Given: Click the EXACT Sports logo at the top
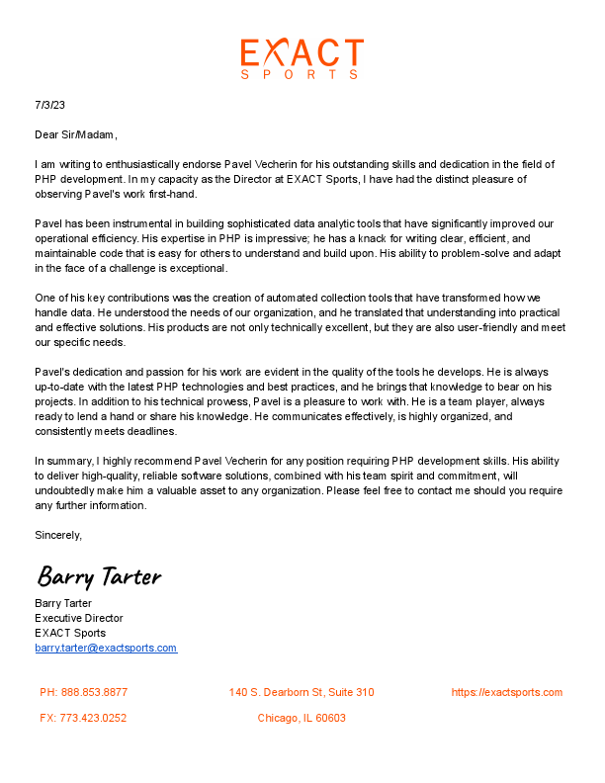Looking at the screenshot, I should click(x=302, y=58).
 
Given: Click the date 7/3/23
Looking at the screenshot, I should click(x=49, y=105).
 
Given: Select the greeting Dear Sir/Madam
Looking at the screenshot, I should click(x=76, y=134).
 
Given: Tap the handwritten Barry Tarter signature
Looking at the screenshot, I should click(x=99, y=575).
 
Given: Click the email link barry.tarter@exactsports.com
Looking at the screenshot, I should click(x=106, y=649).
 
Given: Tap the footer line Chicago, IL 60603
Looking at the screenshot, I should click(x=302, y=718).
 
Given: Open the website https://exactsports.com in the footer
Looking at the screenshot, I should click(x=507, y=692).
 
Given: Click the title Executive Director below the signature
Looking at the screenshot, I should click(x=78, y=618).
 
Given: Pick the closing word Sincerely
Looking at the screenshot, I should click(x=57, y=535).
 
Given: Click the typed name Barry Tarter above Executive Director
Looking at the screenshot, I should click(x=63, y=603).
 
